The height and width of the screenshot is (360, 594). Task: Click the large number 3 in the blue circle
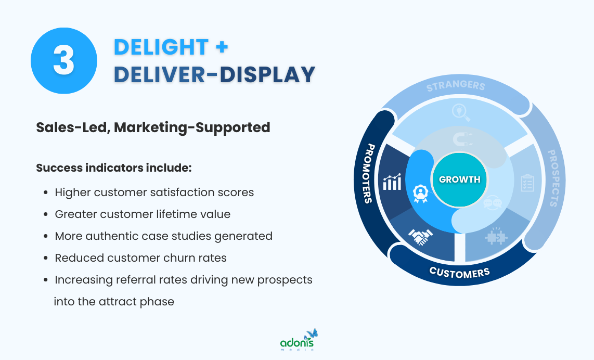click(63, 61)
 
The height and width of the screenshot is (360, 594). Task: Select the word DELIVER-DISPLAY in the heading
click(214, 74)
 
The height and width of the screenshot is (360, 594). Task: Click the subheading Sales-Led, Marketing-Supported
click(153, 127)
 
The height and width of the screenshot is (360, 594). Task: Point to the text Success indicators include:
click(114, 169)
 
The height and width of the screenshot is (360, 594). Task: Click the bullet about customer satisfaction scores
click(154, 192)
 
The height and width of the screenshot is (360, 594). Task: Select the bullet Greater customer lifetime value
click(143, 214)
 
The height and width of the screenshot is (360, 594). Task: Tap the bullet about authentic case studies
click(163, 236)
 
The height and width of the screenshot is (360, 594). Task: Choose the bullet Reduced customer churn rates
click(140, 258)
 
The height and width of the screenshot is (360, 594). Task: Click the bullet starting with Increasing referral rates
click(183, 280)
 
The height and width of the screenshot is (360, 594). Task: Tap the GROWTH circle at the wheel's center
click(459, 179)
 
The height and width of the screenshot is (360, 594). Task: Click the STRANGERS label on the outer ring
click(456, 86)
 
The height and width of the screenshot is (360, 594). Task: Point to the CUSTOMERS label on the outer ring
click(459, 272)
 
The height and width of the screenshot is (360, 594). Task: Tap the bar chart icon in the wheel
click(392, 182)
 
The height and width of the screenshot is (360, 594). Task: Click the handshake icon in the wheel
click(420, 237)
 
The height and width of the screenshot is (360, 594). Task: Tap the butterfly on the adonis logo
click(312, 333)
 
